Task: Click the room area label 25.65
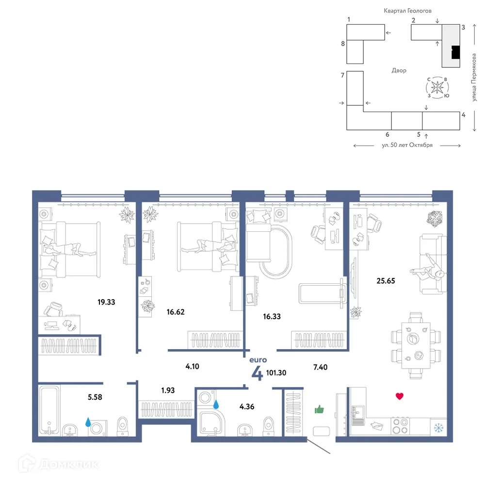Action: point(386,281)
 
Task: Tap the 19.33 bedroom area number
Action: point(106,302)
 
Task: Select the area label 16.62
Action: point(176,312)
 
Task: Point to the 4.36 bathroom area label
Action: point(247,406)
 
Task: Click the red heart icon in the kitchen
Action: point(400,396)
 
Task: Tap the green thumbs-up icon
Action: point(319,409)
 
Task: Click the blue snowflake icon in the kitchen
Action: point(438,428)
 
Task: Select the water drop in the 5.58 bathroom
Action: point(88,422)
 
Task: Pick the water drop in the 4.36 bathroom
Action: point(216,404)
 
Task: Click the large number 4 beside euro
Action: point(257,373)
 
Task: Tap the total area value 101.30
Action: point(276,372)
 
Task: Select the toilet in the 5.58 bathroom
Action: point(123,426)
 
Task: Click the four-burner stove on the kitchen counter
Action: point(400,426)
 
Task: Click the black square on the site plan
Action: point(455,52)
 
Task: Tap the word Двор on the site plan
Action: point(399,70)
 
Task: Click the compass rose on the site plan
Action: point(437,87)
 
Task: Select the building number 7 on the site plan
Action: point(342,75)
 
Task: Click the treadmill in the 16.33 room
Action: point(322,293)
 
